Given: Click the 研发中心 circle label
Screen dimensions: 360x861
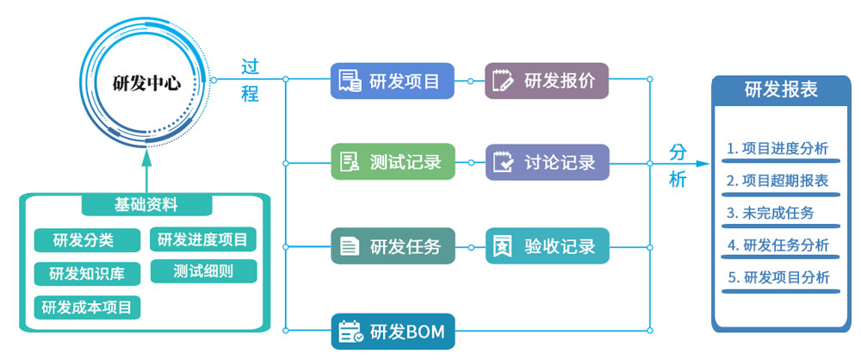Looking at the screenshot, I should point(146,84).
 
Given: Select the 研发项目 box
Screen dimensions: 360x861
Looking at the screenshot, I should point(393,82).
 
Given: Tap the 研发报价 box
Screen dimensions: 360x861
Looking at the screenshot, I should point(547,82).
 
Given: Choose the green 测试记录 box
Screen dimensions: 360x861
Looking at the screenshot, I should point(393,162).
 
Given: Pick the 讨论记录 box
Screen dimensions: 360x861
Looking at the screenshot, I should point(547,162).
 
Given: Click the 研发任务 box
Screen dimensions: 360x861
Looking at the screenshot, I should point(393,246).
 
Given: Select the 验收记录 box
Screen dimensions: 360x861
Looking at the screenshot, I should point(547,246).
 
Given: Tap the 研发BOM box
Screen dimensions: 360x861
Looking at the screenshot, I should point(393,332).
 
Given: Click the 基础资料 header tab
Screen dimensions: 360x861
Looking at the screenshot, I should point(146,205).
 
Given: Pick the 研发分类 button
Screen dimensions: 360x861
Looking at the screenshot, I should point(84,239).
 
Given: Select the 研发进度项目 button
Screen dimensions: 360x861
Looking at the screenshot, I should point(203,239).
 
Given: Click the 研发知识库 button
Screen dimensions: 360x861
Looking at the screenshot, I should point(87,274).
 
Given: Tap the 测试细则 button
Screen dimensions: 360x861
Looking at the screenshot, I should point(203,270).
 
